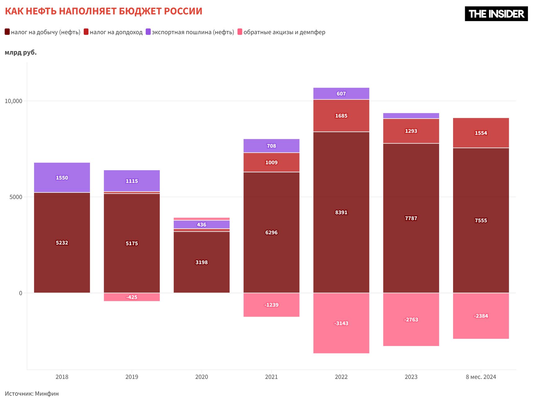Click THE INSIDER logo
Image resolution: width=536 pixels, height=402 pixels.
click(496, 14)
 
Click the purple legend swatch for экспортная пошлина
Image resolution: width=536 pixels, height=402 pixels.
click(148, 32)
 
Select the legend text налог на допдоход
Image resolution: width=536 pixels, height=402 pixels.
click(116, 32)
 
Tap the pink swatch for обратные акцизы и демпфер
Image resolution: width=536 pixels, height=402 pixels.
click(240, 32)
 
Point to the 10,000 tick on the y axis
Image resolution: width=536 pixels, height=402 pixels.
click(14, 101)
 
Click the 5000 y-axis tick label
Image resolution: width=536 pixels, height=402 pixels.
click(16, 197)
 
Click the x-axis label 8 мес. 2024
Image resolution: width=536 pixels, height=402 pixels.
click(481, 377)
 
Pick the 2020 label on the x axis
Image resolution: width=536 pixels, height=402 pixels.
click(201, 377)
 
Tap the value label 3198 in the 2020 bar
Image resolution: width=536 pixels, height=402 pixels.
click(201, 262)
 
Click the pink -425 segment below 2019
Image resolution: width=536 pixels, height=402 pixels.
click(132, 297)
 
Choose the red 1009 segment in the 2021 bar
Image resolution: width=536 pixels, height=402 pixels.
click(271, 162)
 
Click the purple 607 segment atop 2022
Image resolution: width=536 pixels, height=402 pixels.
click(341, 93)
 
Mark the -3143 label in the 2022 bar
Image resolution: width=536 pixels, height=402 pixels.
click(341, 323)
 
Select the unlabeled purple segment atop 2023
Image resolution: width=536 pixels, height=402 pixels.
click(411, 116)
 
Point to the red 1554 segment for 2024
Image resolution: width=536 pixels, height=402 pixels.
click(481, 133)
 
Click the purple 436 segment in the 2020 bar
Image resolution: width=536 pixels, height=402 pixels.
click(201, 225)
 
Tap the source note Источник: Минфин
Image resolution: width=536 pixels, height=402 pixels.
click(32, 394)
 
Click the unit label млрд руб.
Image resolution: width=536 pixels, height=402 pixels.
click(21, 53)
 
